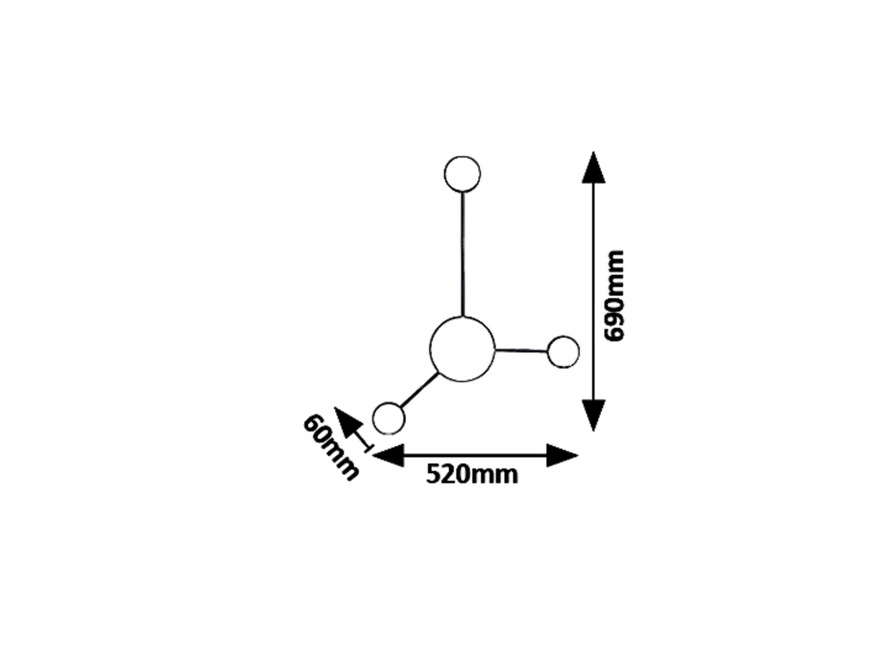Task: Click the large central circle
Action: [430, 349]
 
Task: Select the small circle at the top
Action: [444, 174]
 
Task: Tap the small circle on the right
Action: [548, 352]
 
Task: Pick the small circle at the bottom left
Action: [373, 418]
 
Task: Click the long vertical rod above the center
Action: [463, 254]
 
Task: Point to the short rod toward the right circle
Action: [521, 351]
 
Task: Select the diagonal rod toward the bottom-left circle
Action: [419, 390]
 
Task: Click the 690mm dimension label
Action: [614, 296]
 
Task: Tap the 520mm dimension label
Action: [471, 474]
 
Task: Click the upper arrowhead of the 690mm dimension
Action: [593, 168]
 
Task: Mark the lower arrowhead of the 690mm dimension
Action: [593, 416]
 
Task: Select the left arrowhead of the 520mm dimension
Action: [388, 455]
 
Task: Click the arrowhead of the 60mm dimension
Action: [347, 422]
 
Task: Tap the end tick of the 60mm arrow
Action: [369, 448]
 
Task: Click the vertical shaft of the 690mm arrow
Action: [593, 291]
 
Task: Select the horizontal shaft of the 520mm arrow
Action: [475, 455]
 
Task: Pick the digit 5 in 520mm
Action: [433, 474]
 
